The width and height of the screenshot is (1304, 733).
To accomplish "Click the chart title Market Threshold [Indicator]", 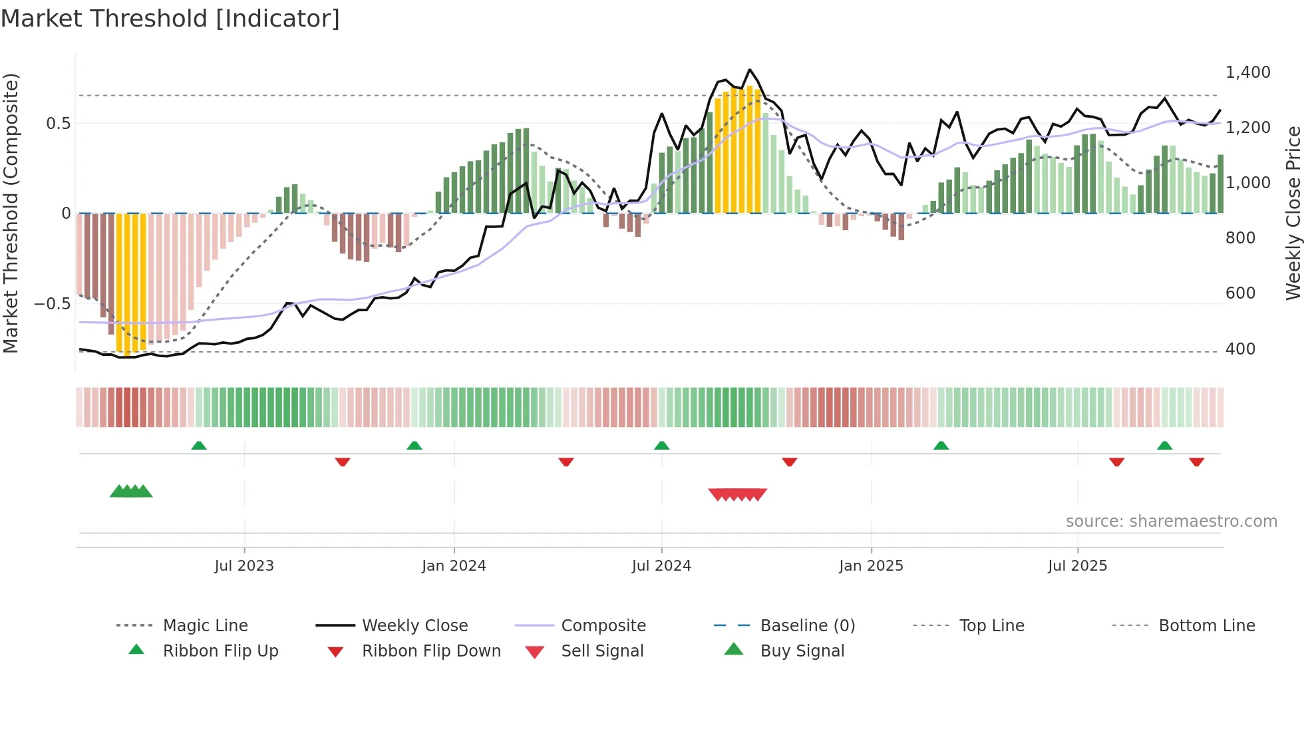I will click(170, 19).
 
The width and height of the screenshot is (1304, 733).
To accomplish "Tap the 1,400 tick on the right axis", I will click(1247, 73).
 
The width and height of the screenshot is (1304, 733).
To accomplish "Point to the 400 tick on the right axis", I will click(1240, 349).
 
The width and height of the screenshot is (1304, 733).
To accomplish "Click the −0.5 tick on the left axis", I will click(53, 304).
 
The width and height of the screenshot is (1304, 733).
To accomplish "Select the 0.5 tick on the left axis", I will click(58, 124).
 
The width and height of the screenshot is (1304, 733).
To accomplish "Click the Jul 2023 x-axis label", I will click(244, 566).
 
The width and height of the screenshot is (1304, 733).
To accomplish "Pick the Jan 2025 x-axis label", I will click(871, 566).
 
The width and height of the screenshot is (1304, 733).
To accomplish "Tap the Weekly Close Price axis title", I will click(1292, 213).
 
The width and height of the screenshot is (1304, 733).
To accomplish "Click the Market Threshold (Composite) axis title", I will click(11, 213).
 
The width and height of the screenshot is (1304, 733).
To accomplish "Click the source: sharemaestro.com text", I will click(1171, 521).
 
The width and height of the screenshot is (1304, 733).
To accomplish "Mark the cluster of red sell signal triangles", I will click(737, 494).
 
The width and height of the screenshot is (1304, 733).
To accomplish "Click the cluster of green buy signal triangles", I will click(131, 492).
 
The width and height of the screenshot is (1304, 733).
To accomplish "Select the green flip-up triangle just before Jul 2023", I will click(199, 446).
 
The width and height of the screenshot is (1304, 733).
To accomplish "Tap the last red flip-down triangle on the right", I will click(1196, 462).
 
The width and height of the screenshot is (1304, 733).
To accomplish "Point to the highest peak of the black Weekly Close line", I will click(750, 69).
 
